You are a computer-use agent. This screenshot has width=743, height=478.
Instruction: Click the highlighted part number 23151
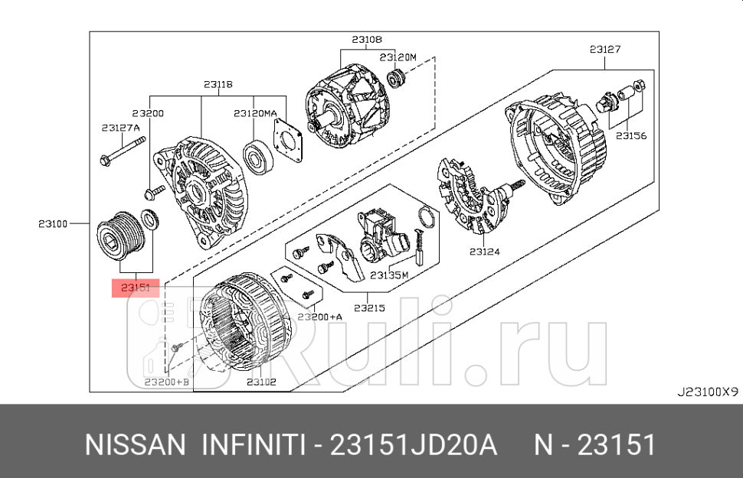[135, 288]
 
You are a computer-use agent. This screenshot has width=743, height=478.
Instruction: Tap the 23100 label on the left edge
[54, 224]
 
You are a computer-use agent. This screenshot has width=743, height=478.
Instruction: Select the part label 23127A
[119, 128]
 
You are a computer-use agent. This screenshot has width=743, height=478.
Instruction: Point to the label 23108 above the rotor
[367, 38]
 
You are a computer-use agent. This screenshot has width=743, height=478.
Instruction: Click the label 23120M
[398, 57]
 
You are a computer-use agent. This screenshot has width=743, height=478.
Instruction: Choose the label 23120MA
[255, 112]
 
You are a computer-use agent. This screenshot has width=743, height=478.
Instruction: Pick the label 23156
[631, 135]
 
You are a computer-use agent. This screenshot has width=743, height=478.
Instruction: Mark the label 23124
[486, 250]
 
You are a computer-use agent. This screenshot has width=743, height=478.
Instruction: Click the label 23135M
[389, 275]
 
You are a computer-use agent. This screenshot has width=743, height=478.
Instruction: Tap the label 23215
[368, 308]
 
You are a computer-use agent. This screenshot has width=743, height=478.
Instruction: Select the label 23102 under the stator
[261, 381]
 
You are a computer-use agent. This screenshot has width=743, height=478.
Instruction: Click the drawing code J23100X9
[706, 391]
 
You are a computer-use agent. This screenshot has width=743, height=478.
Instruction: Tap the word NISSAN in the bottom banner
[133, 444]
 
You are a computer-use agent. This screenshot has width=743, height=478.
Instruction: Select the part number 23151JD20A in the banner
[414, 444]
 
